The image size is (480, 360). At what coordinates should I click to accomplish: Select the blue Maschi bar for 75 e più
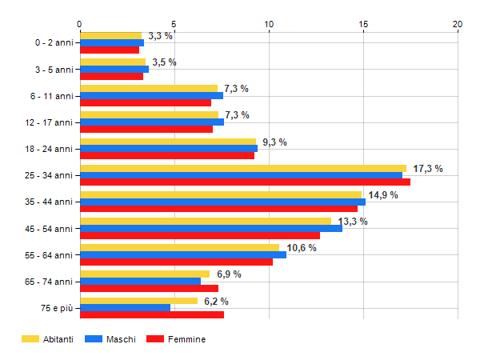(125, 308)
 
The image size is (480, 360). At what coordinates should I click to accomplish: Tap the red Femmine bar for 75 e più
(152, 315)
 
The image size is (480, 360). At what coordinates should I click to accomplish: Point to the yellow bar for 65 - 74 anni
(145, 274)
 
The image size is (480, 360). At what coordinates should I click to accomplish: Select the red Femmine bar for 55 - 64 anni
(176, 262)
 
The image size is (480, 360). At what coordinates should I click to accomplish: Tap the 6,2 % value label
(216, 302)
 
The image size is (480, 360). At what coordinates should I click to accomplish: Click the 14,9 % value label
(383, 195)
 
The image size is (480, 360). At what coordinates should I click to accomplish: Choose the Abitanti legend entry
(48, 339)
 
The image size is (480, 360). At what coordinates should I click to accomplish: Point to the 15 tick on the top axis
(363, 24)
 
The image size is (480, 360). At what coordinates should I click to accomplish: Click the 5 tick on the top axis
(174, 24)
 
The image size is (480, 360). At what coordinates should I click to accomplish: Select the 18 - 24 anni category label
(50, 149)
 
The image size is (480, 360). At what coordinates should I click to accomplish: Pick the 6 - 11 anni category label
(51, 96)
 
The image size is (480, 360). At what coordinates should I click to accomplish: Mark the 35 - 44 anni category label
(50, 202)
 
